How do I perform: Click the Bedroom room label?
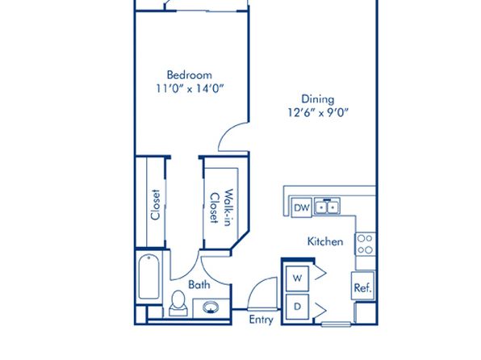(190, 75)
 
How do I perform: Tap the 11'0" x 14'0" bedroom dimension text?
(190, 89)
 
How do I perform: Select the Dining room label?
(318, 99)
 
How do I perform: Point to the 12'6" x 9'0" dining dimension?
(318, 113)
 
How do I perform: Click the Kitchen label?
(325, 241)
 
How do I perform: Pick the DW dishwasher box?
(302, 207)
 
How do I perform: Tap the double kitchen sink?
(327, 207)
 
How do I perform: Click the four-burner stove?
(366, 244)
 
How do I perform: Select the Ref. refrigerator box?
(363, 286)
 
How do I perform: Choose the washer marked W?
(297, 278)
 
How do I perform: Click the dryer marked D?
(297, 307)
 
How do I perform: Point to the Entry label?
(261, 320)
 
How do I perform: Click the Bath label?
(199, 284)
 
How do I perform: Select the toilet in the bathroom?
(178, 303)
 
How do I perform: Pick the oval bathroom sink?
(211, 308)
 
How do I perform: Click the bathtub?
(148, 277)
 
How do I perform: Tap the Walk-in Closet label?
(221, 207)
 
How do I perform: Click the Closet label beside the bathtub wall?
(156, 204)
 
